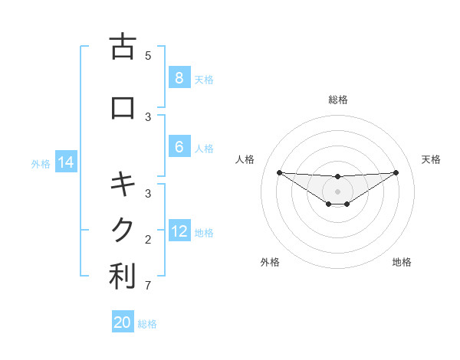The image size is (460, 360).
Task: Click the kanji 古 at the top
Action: tap(123, 47)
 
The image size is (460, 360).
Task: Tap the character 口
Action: tap(123, 108)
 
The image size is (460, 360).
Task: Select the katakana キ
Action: tap(123, 185)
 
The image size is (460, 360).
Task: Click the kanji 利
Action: tap(123, 277)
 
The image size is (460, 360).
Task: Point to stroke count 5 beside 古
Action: tap(148, 55)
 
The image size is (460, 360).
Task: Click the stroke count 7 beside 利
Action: tap(148, 286)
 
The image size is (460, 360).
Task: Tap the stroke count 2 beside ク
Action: tap(148, 240)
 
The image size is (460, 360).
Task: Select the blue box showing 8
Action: tap(179, 77)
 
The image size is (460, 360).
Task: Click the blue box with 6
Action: tap(179, 147)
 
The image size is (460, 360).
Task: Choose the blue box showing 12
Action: tap(179, 231)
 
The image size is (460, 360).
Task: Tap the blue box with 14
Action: tap(65, 162)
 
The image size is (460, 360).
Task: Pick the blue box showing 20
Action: tap(123, 322)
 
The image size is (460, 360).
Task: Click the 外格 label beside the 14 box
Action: tap(40, 163)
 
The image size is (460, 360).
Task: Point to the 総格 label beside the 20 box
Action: tap(147, 324)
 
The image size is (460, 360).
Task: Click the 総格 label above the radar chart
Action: tap(337, 100)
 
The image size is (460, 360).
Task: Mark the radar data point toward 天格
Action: tap(396, 172)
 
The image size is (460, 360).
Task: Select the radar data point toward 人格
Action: tap(279, 172)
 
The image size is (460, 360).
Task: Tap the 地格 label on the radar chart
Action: tap(402, 262)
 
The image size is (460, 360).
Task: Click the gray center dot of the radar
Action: tap(337, 191)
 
